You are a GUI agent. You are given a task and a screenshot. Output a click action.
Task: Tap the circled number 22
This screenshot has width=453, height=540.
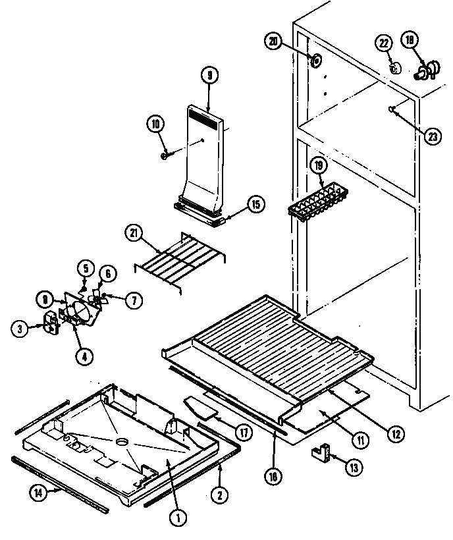pyautogui.click(x=383, y=43)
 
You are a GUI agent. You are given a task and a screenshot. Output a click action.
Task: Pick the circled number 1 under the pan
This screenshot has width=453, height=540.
pyautogui.click(x=176, y=518)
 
